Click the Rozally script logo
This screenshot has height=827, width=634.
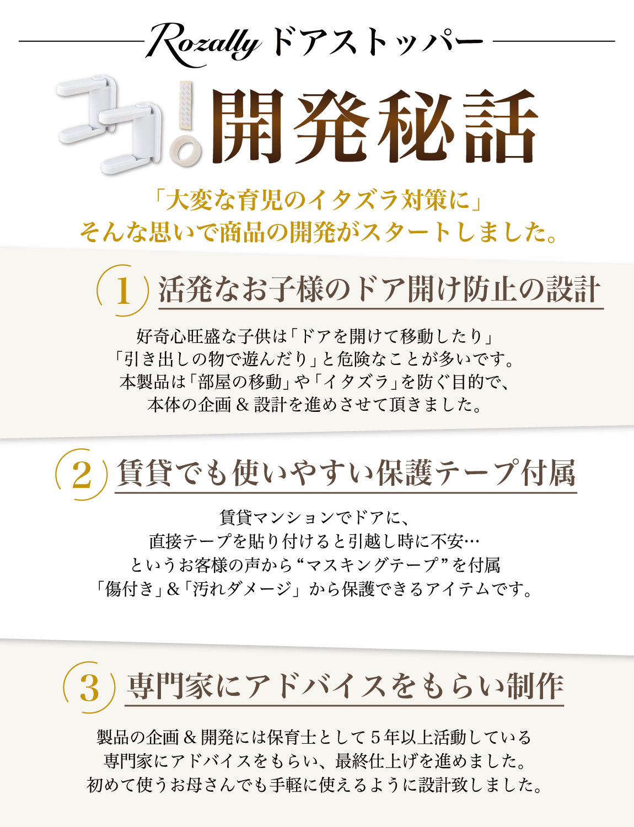click(203, 45)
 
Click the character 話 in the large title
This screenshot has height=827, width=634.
click(499, 127)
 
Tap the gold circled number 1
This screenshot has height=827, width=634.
click(122, 291)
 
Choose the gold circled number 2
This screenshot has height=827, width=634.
click(82, 474)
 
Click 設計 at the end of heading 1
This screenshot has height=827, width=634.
click(574, 289)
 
